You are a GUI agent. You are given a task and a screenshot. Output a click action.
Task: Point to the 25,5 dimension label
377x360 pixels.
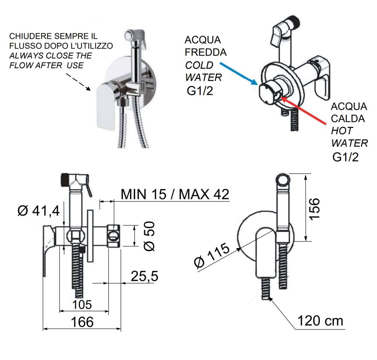pyautogui.click(x=145, y=276)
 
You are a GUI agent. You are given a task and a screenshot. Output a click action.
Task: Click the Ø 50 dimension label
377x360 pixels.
pyautogui.click(x=149, y=236)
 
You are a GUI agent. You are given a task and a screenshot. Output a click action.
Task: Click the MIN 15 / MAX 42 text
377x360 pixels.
pyautogui.click(x=175, y=194)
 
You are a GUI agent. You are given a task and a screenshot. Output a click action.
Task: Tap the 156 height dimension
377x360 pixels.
pyautogui.click(x=314, y=208)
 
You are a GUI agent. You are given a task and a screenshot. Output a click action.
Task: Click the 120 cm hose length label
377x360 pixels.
pyautogui.click(x=320, y=321)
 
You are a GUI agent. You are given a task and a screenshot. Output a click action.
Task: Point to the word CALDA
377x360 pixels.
pyautogui.click(x=348, y=119)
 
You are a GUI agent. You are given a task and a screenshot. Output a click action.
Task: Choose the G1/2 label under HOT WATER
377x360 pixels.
pyautogui.click(x=346, y=157)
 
